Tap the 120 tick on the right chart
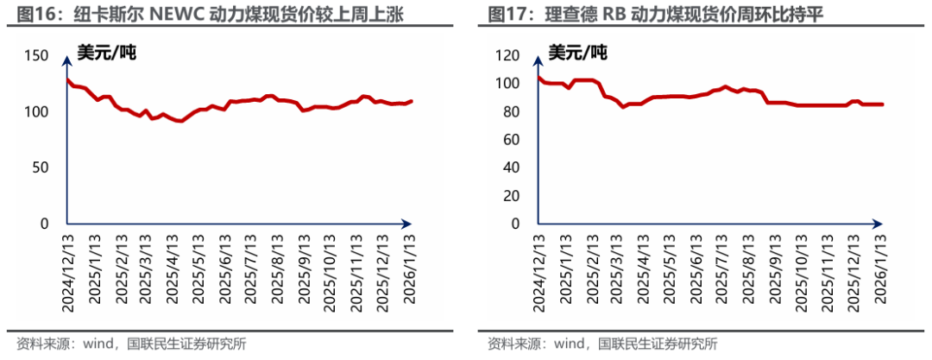(507, 55)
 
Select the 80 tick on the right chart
(511, 111)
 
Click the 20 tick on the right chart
(511, 196)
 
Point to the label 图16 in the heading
(22, 16)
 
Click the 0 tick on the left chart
(46, 224)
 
